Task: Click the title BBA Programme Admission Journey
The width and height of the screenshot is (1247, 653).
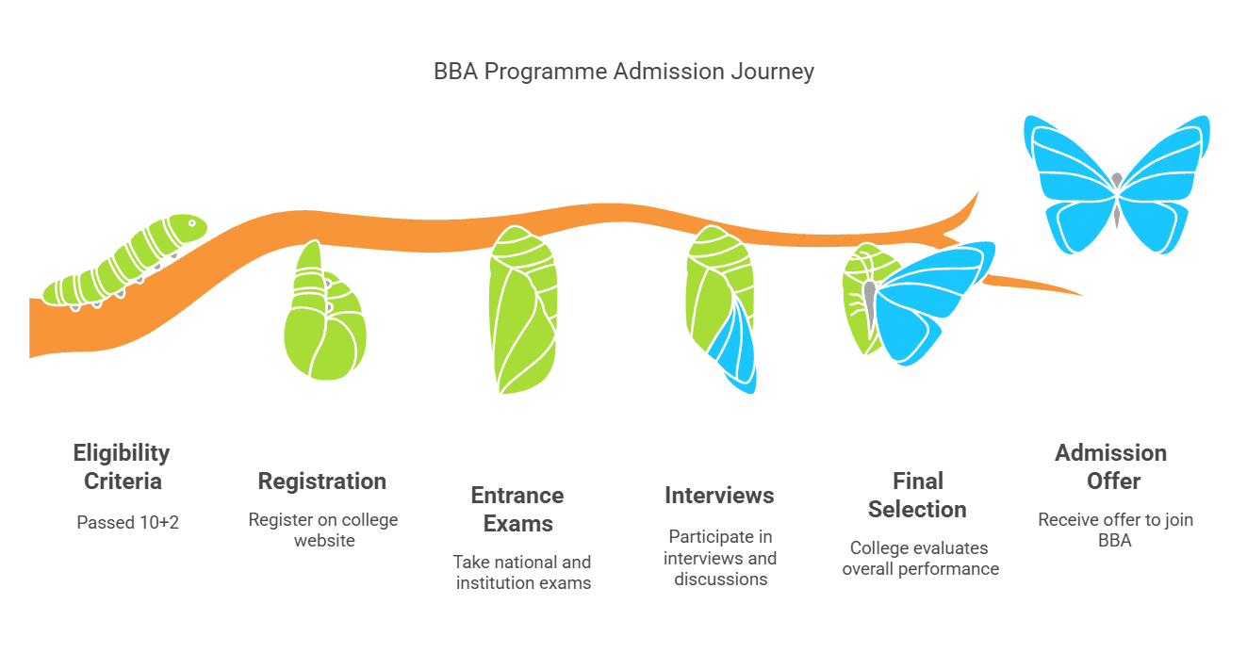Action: click(623, 72)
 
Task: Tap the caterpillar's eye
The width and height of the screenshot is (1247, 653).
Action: click(191, 224)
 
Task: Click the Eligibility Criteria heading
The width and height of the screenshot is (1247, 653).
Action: click(122, 466)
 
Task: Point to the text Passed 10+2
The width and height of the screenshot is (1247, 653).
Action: click(127, 521)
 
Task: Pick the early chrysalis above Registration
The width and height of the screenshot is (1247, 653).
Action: click(323, 316)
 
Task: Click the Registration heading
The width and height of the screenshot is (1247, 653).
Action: click(322, 481)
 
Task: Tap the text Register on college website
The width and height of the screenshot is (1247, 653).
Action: click(323, 530)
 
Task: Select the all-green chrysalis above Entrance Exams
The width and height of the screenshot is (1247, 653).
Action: click(523, 311)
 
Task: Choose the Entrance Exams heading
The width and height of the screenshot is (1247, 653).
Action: click(517, 509)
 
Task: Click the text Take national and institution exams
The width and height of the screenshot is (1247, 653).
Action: click(523, 572)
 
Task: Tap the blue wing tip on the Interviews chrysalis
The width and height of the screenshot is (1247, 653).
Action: click(738, 353)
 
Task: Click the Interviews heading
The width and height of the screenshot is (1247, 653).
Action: click(719, 495)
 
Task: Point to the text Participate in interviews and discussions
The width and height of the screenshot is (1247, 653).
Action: click(720, 557)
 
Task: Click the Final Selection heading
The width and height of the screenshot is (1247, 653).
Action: click(917, 495)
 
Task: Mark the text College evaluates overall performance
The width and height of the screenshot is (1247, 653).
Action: click(921, 558)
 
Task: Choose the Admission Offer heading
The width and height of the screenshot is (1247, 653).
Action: click(1111, 466)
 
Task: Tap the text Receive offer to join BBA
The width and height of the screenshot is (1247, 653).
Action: click(1115, 530)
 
